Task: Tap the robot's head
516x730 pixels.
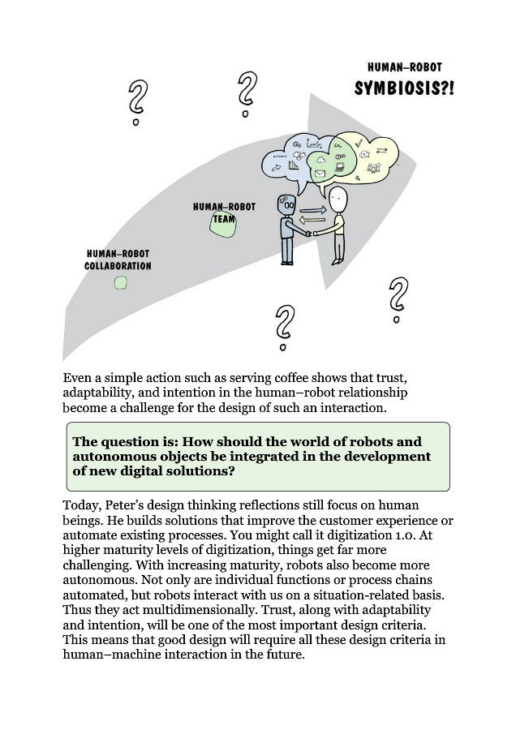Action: (x=285, y=204)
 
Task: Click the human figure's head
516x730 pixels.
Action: (x=338, y=199)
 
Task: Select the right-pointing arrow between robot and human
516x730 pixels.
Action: (x=312, y=210)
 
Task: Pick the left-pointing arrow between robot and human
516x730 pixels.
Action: (x=312, y=220)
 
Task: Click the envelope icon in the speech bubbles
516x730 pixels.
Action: (x=320, y=173)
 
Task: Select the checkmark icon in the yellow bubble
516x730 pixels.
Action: (x=358, y=143)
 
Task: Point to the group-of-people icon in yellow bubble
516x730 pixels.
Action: (x=374, y=168)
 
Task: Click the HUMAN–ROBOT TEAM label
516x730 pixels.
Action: (x=224, y=212)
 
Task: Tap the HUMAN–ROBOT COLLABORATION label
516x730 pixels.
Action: (x=118, y=260)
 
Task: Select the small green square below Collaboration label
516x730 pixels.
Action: (x=120, y=283)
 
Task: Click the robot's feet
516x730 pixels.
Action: (x=286, y=261)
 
